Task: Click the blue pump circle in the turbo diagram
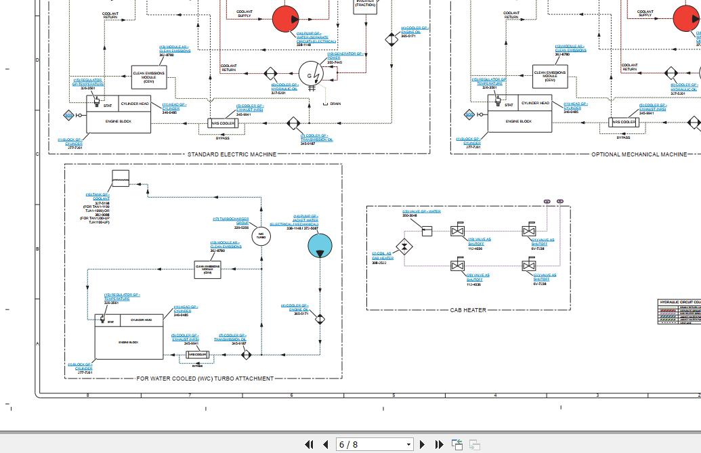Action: pyautogui.click(x=320, y=246)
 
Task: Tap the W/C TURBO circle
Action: pyautogui.click(x=261, y=236)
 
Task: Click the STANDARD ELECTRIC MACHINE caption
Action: pyautogui.click(x=232, y=154)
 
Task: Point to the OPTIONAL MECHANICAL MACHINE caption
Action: pyautogui.click(x=639, y=154)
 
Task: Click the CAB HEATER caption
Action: pyautogui.click(x=468, y=310)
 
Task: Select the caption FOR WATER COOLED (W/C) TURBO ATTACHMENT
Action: pyautogui.click(x=205, y=379)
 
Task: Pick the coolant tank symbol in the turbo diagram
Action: pyautogui.click(x=121, y=178)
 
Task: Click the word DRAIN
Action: pyautogui.click(x=335, y=104)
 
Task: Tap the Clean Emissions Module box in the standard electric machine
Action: pyautogui.click(x=149, y=76)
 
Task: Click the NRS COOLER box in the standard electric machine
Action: pyautogui.click(x=222, y=123)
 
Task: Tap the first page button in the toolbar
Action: pyautogui.click(x=310, y=444)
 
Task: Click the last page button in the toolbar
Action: pyautogui.click(x=439, y=444)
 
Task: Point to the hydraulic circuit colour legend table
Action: pyautogui.click(x=679, y=311)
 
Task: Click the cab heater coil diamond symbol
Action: pyautogui.click(x=405, y=247)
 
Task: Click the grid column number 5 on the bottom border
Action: pyautogui.click(x=394, y=395)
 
